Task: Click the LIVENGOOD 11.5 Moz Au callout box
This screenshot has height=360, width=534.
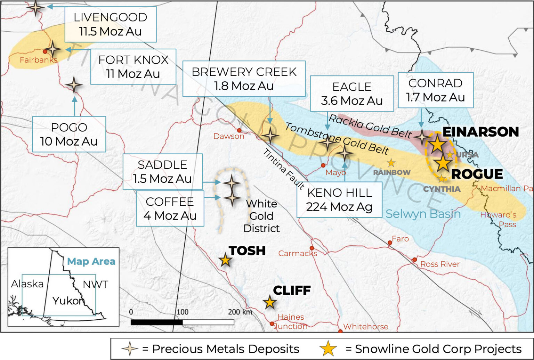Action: tap(111, 24)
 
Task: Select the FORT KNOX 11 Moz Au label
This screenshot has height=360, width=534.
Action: tap(133, 67)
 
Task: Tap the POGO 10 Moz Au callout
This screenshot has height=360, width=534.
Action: tap(69, 134)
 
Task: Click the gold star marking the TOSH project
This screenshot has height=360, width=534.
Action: tap(225, 260)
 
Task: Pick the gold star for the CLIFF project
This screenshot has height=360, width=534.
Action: tap(269, 302)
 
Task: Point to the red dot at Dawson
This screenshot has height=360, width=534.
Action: tap(239, 130)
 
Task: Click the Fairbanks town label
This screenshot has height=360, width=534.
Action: tap(38, 60)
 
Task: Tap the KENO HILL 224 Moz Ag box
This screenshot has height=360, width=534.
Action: tap(339, 200)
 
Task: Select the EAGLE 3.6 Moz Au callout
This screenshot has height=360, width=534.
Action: tap(352, 94)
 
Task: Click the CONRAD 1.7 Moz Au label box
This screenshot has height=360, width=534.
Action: tap(435, 90)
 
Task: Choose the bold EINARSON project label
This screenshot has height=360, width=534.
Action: tap(480, 132)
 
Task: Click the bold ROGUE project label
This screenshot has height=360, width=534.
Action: tap(477, 174)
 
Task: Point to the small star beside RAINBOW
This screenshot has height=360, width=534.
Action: tap(391, 163)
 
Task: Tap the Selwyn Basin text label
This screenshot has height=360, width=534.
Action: tap(423, 214)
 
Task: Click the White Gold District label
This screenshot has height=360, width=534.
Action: tap(261, 216)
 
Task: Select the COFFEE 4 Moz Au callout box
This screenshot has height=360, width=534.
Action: tap(170, 208)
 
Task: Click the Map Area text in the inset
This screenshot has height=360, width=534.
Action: tap(91, 261)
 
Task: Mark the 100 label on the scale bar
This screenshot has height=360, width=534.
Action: tap(183, 312)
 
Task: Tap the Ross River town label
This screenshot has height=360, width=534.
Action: tap(440, 264)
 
